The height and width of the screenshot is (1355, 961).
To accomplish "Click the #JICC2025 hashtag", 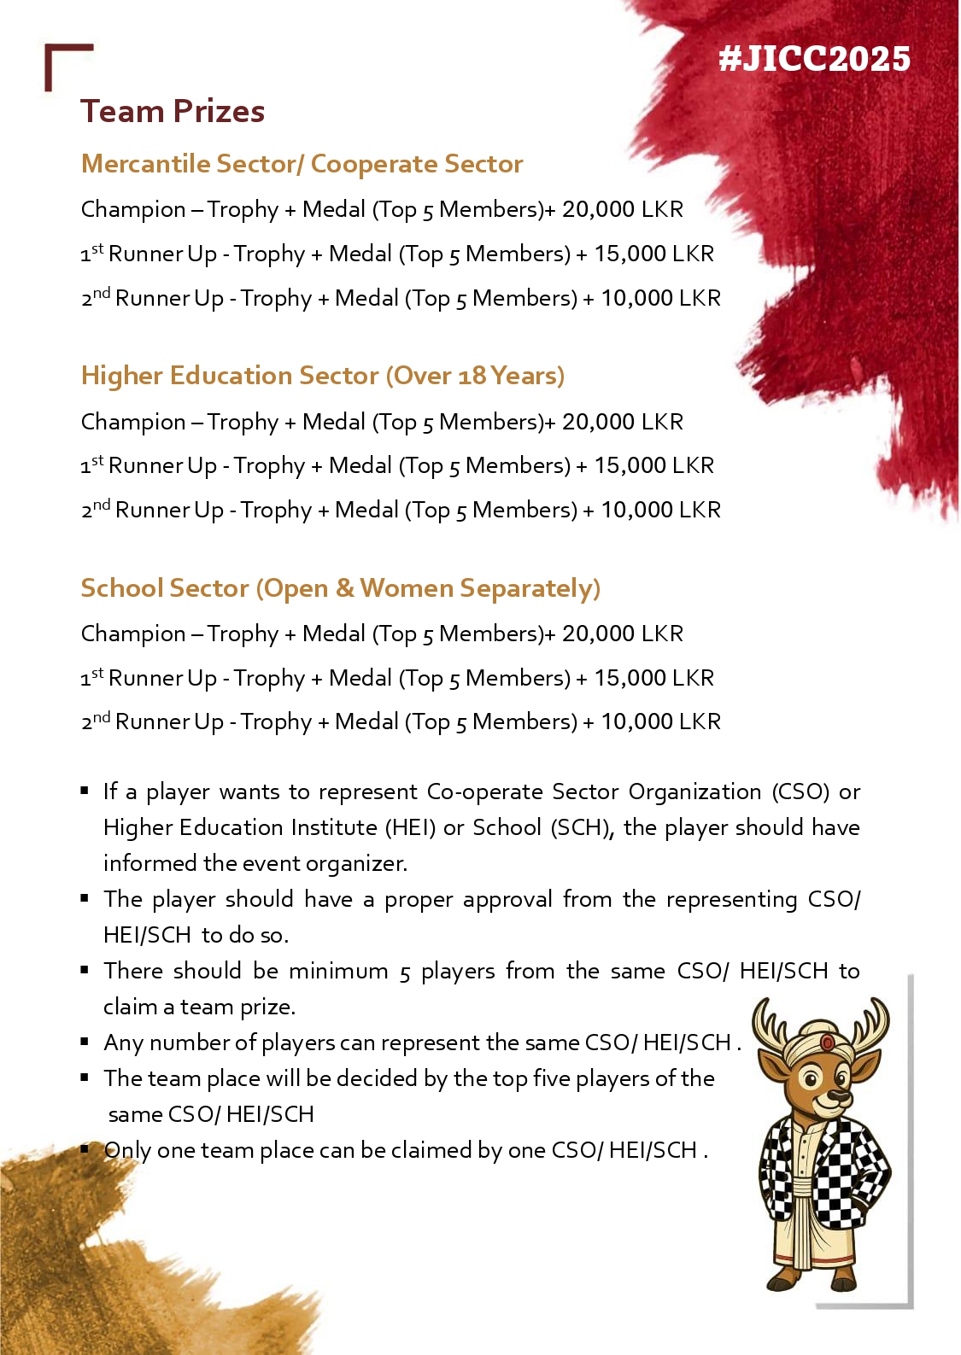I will pos(814,59).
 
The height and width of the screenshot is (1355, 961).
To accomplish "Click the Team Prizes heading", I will pos(173,112).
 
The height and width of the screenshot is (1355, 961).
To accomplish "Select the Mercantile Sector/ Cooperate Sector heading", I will pos(302,164).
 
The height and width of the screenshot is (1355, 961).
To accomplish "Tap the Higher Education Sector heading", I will pos(322,376).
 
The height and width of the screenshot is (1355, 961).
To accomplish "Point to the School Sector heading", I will pos(340,588).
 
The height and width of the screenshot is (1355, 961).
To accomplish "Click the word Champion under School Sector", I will pos(133,634).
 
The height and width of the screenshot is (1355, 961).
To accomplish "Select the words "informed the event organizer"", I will pos(255,864).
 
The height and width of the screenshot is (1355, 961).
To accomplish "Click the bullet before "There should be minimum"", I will pos(85,970).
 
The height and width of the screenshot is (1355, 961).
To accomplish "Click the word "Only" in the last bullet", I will pos(127,1151).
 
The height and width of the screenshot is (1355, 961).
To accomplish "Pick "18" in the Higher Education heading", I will pos(472,377).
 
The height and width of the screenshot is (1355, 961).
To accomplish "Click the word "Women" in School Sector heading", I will pos(406,588).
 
